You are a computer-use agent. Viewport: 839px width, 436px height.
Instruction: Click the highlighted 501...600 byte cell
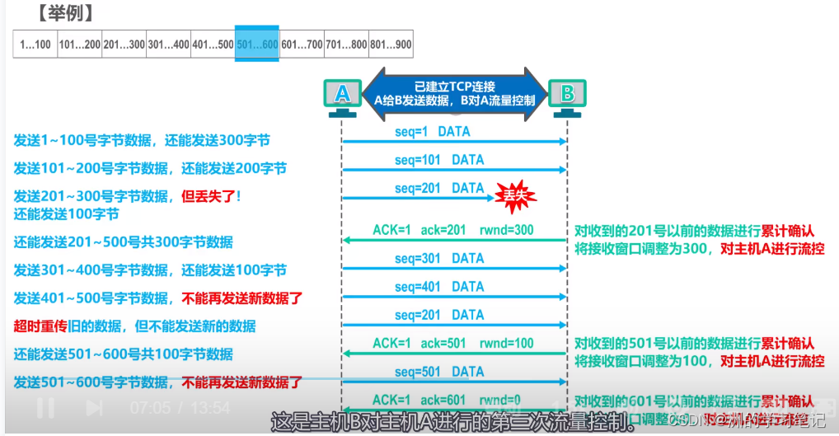point(257,43)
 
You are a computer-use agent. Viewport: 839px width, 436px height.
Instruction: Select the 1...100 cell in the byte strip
point(35,43)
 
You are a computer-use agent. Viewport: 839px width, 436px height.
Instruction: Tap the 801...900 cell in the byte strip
point(391,43)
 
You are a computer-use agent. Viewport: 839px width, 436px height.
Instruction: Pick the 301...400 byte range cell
point(168,43)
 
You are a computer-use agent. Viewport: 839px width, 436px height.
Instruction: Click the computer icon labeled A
point(342,96)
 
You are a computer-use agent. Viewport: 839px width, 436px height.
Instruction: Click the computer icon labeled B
point(567,96)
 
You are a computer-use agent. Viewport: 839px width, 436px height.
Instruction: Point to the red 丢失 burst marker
point(516,196)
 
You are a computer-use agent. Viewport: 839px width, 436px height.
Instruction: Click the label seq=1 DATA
point(433,132)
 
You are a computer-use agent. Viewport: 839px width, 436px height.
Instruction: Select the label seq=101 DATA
point(439,160)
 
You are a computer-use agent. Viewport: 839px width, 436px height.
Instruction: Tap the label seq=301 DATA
point(439,259)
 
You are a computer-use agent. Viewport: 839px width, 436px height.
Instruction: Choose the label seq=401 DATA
point(439,287)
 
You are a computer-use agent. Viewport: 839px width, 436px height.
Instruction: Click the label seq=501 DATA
point(439,372)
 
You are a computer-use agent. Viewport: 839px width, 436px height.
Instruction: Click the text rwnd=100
point(507,344)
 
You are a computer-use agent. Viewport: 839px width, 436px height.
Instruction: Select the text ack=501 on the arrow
point(444,344)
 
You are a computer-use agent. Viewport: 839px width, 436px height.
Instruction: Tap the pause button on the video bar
point(45,407)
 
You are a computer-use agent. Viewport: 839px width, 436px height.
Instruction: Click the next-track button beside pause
point(94,407)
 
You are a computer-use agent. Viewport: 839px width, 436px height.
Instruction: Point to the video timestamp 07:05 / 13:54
point(180,407)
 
